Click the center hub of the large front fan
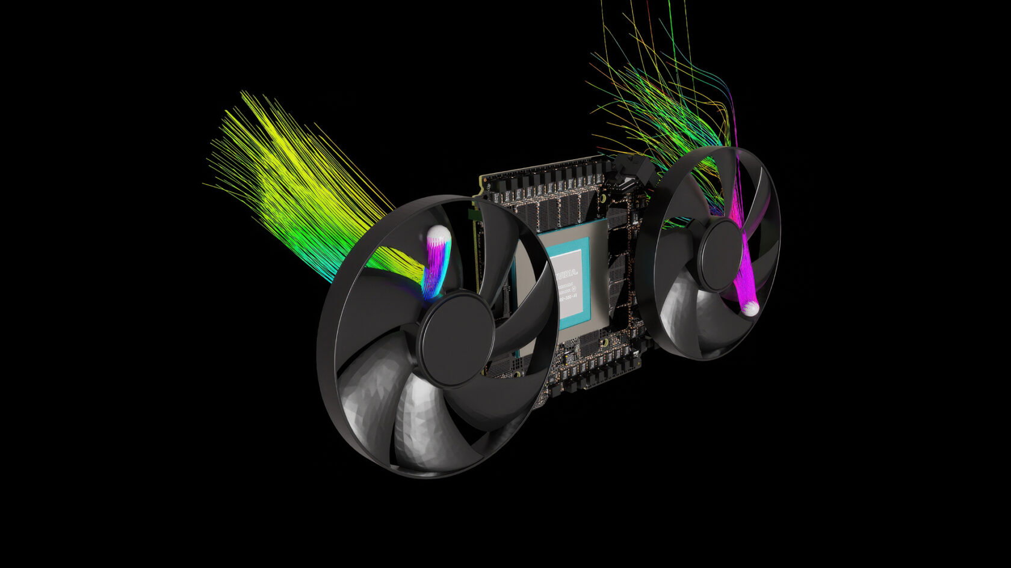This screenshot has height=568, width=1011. point(456,338)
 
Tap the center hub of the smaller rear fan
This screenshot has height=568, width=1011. point(720,255)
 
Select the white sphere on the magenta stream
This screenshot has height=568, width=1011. point(750,308)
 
